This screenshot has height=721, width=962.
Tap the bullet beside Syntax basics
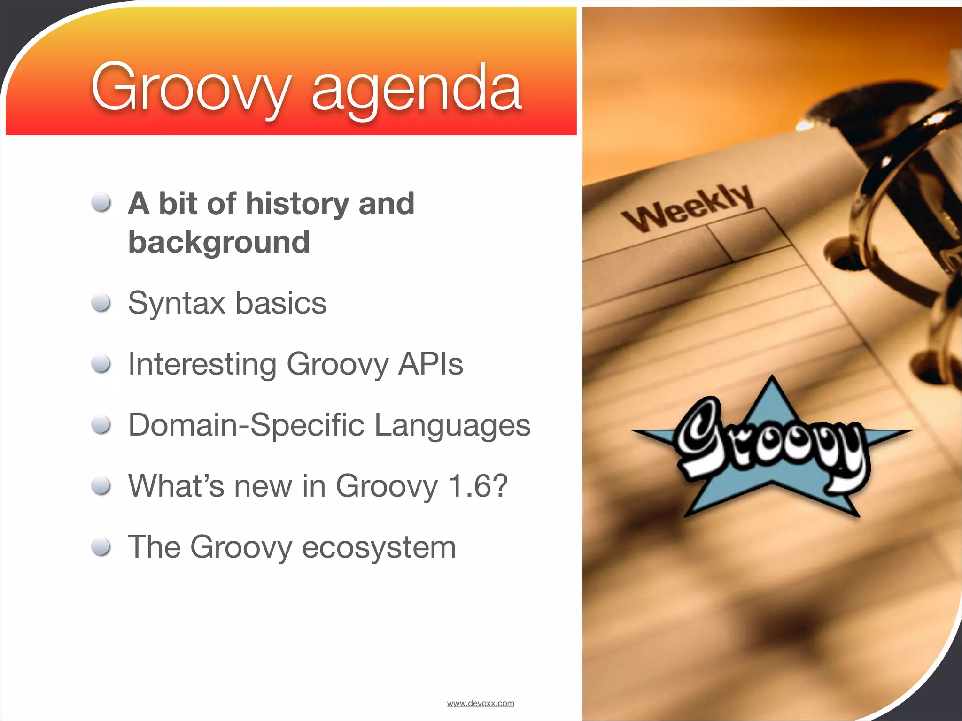[x=101, y=303]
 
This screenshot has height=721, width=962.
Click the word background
[x=219, y=242]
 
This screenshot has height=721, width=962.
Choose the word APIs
[x=430, y=364]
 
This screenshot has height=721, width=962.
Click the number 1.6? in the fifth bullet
[x=478, y=486]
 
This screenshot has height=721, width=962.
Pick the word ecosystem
[x=379, y=548]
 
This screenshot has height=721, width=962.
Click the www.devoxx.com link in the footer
[x=480, y=703]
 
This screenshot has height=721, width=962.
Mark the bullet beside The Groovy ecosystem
[x=101, y=547]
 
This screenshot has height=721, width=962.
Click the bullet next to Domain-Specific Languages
[x=101, y=425]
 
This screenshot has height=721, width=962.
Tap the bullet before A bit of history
[x=101, y=203]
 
